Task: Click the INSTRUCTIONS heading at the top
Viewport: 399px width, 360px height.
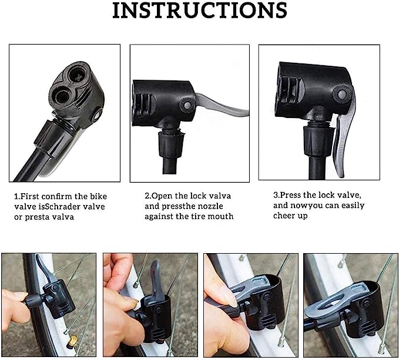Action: coord(200,10)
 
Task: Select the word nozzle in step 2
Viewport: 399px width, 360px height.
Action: coord(210,206)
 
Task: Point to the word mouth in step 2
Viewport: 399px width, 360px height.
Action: coord(220,216)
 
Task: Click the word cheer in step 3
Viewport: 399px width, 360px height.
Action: coord(283,216)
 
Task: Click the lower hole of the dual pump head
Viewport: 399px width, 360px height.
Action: coord(62,96)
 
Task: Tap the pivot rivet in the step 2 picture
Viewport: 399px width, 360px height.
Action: coord(188,105)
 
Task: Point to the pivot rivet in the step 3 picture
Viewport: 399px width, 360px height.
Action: coord(342,95)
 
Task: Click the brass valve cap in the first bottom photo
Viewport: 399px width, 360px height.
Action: coord(72,341)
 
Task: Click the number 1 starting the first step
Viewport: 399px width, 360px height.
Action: coord(16,196)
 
